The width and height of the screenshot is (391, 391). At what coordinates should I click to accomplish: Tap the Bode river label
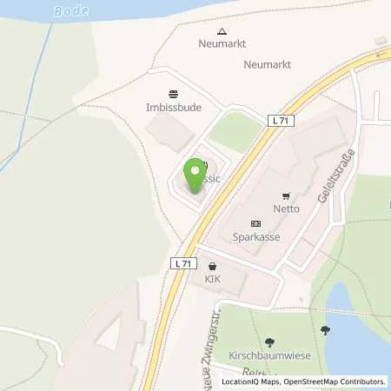pyautogui.click(x=70, y=11)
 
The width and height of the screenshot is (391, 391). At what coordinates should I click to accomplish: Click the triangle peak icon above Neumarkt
pyautogui.click(x=222, y=32)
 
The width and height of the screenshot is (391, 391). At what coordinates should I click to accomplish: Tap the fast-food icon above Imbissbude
pyautogui.click(x=174, y=94)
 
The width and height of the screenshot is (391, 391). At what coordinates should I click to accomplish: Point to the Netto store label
pyautogui.click(x=286, y=209)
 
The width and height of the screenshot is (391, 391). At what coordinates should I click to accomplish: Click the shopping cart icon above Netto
pyautogui.click(x=286, y=195)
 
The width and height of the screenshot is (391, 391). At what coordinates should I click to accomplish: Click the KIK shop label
pyautogui.click(x=213, y=280)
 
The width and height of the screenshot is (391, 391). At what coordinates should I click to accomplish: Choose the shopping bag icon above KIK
pyautogui.click(x=213, y=266)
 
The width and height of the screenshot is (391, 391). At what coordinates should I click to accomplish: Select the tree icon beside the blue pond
pyautogui.click(x=326, y=330)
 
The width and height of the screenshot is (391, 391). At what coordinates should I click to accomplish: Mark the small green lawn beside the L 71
pyautogui.click(x=236, y=131)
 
